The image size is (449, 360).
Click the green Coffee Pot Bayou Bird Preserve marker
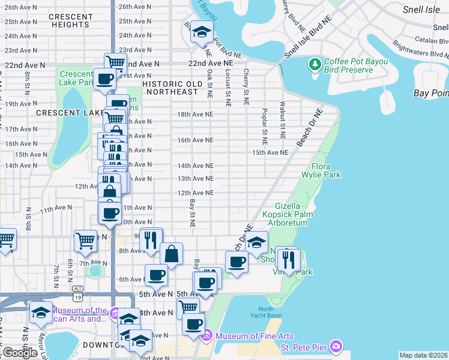315,64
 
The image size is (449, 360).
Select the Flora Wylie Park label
326,170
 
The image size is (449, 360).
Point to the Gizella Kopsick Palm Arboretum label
291,214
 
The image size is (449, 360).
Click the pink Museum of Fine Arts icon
208,334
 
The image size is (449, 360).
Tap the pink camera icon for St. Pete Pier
336,346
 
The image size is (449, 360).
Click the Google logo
20,353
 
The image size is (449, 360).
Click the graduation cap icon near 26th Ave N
202,32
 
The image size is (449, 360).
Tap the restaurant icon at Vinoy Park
290,259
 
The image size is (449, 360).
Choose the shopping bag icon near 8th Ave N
171,254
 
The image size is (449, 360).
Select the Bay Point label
431,93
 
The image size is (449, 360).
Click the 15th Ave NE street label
270,152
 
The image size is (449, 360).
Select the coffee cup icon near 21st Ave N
104,79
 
